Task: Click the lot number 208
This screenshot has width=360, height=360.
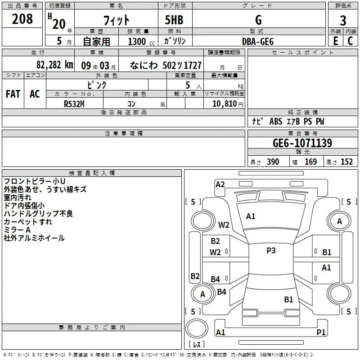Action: pyautogui.click(x=22, y=19)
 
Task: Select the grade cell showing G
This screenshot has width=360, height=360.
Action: pyautogui.click(x=258, y=20)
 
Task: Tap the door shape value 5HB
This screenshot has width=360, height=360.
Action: pyautogui.click(x=174, y=20)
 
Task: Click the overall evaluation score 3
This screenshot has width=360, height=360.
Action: pyautogui.click(x=343, y=20)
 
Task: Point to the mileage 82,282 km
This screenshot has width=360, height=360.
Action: pyautogui.click(x=54, y=65)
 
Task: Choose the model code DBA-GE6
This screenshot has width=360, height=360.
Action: pyautogui.click(x=258, y=41)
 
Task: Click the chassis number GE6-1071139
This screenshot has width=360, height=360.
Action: pyautogui.click(x=302, y=143)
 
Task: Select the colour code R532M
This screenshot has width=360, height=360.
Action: pyautogui.click(x=74, y=104)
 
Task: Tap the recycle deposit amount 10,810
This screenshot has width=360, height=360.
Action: pyautogui.click(x=224, y=103)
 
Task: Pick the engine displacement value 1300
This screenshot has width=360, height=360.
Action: pyautogui.click(x=137, y=41)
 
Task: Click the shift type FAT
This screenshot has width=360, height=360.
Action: pyautogui.click(x=13, y=94)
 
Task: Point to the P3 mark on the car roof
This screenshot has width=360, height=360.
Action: pyautogui.click(x=271, y=250)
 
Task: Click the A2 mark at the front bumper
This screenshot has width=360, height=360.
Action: pyautogui.click(x=220, y=184)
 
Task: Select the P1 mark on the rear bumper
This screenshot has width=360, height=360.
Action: pyautogui.click(x=321, y=332)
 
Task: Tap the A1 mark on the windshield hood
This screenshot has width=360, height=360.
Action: pyautogui.click(x=251, y=216)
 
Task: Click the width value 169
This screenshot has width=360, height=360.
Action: pyautogui.click(x=310, y=162)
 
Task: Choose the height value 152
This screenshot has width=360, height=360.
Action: pyautogui.click(x=346, y=162)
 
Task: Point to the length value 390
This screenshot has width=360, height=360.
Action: pyautogui.click(x=273, y=162)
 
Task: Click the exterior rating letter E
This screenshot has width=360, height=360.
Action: pyautogui.click(x=336, y=41)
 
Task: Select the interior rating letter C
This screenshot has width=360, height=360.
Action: pyautogui.click(x=350, y=41)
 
